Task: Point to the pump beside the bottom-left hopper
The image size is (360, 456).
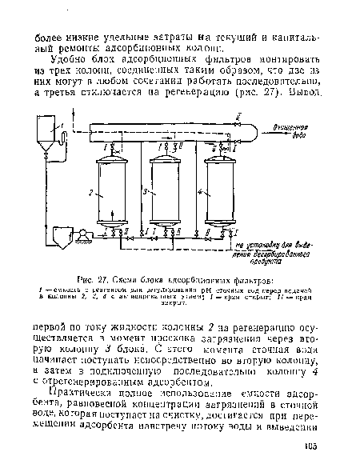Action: pos(81,235)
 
